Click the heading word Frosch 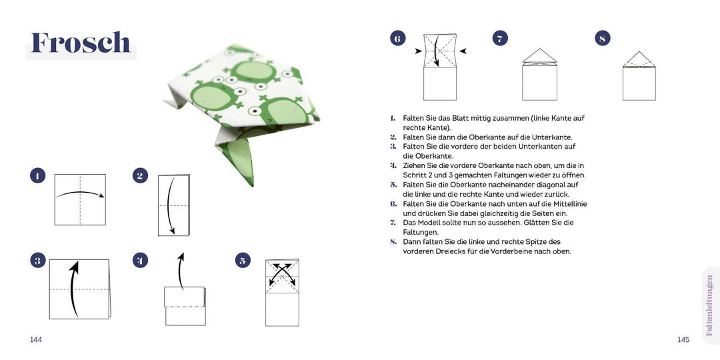[x=81, y=43]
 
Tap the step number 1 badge [x=37, y=176]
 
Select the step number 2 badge [x=140, y=176]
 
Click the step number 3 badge [x=37, y=261]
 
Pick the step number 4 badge [x=140, y=261]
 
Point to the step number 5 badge [x=243, y=261]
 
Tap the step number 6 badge [x=397, y=38]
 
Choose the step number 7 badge [x=500, y=38]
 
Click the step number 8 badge [x=603, y=38]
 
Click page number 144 [x=36, y=340]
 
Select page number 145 [x=683, y=340]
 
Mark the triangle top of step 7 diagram [x=539, y=55]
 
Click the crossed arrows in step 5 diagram [x=282, y=273]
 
